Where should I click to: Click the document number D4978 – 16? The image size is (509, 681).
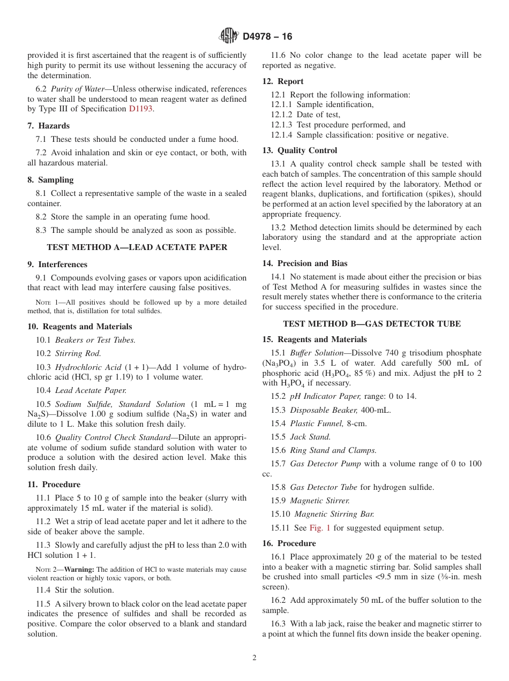pos(267,36)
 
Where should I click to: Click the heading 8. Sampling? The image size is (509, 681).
pos(50,180)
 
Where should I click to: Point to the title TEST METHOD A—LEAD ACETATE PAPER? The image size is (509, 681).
pos(137,247)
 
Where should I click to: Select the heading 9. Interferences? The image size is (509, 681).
pos(57,264)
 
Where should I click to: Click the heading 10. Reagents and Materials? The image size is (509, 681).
pos(80,327)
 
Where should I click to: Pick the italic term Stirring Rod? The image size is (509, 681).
pos(78,353)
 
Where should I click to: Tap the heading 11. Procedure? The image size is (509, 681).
pos(54,485)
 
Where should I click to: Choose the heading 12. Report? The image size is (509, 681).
pos(283,81)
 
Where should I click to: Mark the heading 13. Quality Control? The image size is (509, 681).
pos(300,150)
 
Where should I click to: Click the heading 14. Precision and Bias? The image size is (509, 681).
pos(305,263)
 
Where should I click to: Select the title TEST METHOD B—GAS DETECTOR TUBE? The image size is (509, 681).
pos(372,324)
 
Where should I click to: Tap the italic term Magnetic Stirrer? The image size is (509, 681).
pos(320,501)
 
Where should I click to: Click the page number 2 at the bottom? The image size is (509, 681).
pos(254,658)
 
